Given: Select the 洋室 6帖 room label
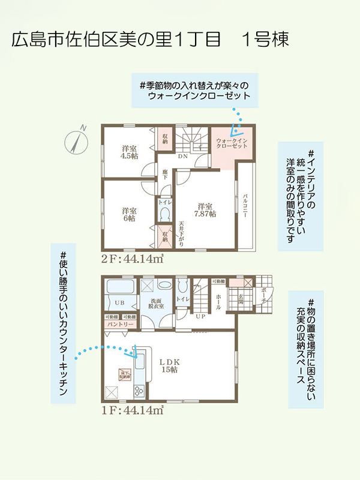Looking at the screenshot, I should click(x=129, y=214).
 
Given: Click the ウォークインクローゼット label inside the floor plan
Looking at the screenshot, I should click(x=232, y=143).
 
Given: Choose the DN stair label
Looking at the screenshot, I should click(x=183, y=157).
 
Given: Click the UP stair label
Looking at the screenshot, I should click(x=200, y=316).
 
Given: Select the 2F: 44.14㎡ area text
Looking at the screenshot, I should click(x=133, y=259).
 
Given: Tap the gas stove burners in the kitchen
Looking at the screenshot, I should click(x=139, y=391).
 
